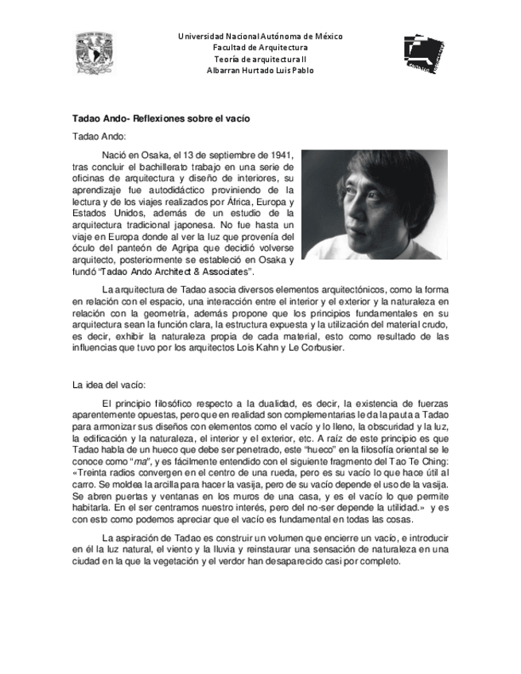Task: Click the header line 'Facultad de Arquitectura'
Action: click(x=259, y=48)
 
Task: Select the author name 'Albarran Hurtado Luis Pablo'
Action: click(x=259, y=70)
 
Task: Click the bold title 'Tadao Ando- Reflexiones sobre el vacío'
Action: click(x=161, y=118)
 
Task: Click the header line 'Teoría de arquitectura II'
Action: click(x=259, y=59)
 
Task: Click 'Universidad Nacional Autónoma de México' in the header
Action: click(x=260, y=37)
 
